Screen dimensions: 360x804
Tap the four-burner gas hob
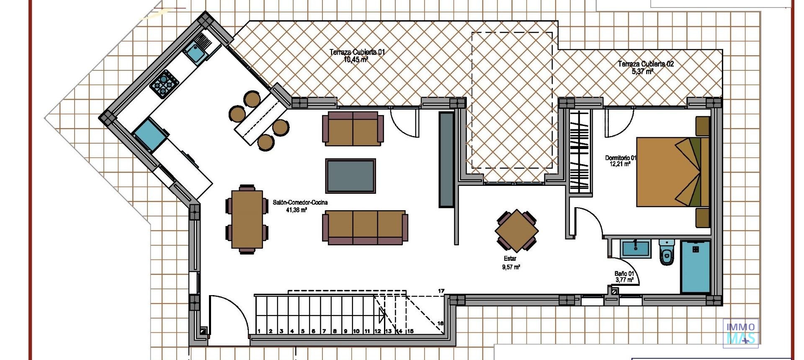click(x=164, y=84)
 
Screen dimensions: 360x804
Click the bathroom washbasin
click(x=636, y=249)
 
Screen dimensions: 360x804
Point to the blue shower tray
click(x=695, y=266)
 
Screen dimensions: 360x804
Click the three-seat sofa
click(x=365, y=227)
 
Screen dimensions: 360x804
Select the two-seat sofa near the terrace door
click(x=353, y=129)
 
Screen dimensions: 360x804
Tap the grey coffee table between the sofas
click(x=350, y=176)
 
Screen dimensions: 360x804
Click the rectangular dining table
click(x=247, y=219)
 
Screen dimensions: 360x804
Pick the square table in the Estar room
click(x=517, y=231)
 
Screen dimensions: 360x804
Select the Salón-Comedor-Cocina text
click(x=300, y=203)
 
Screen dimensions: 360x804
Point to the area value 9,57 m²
click(x=511, y=267)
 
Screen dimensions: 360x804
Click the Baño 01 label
click(x=624, y=274)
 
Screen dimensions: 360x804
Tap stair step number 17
click(x=441, y=291)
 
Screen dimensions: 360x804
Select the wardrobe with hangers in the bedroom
click(x=580, y=151)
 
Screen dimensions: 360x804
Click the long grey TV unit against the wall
click(x=446, y=159)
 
